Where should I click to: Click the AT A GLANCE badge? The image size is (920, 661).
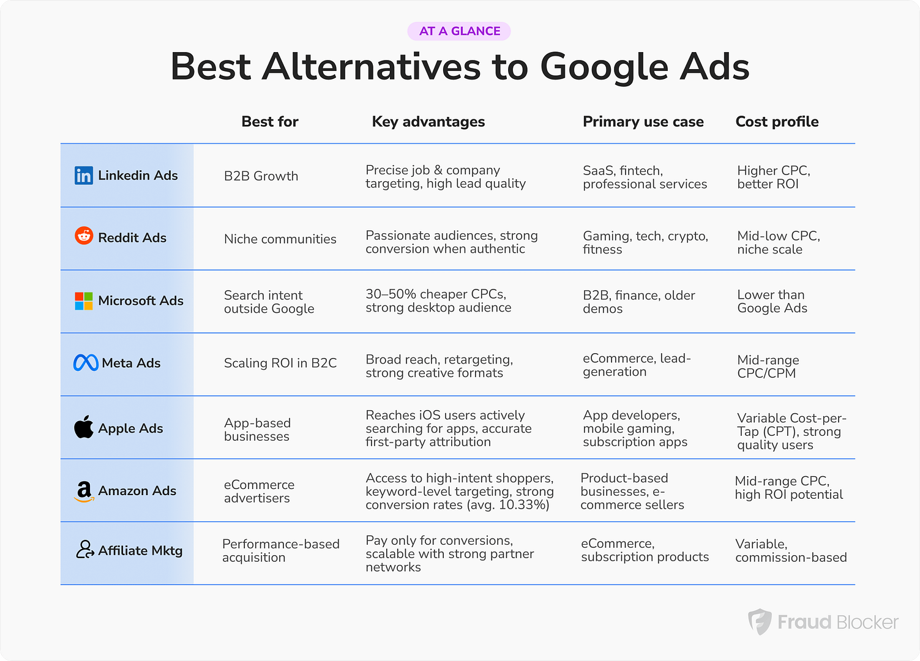(459, 31)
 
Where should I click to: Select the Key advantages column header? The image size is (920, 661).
(428, 122)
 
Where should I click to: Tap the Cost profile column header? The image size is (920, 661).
(777, 122)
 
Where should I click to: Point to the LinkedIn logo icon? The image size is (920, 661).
(84, 176)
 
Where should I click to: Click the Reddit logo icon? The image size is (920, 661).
(84, 236)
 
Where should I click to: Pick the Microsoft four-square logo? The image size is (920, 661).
(84, 301)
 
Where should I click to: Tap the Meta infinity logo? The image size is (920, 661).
(86, 363)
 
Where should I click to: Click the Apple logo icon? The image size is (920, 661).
(84, 427)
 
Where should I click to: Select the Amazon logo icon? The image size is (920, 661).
(84, 491)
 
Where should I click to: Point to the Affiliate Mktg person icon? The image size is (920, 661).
(84, 550)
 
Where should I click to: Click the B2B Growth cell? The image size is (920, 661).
(261, 176)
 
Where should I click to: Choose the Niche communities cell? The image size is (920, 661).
(280, 239)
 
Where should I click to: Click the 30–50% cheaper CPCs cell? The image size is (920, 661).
(438, 301)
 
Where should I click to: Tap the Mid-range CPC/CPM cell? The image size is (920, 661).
(768, 367)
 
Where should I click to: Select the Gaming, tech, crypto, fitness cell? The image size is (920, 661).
(645, 243)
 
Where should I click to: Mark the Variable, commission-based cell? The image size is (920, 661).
(791, 551)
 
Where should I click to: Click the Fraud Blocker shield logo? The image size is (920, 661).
(760, 621)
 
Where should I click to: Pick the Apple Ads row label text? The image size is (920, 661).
(130, 428)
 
